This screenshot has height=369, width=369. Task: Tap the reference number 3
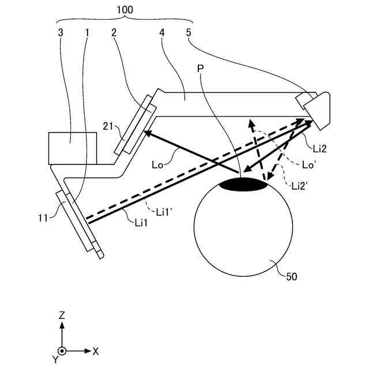[x=61, y=33]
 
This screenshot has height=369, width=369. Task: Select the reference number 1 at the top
[x=87, y=33]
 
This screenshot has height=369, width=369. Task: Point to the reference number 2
[x=114, y=33]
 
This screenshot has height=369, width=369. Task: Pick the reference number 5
[x=189, y=33]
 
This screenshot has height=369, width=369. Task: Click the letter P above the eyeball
[x=201, y=69]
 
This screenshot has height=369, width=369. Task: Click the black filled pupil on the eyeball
[x=244, y=185]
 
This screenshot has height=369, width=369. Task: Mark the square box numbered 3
[x=73, y=147]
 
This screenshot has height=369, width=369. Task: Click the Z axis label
[x=62, y=315]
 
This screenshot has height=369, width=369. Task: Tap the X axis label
[x=96, y=351]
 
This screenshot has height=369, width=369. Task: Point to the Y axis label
[x=55, y=359]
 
